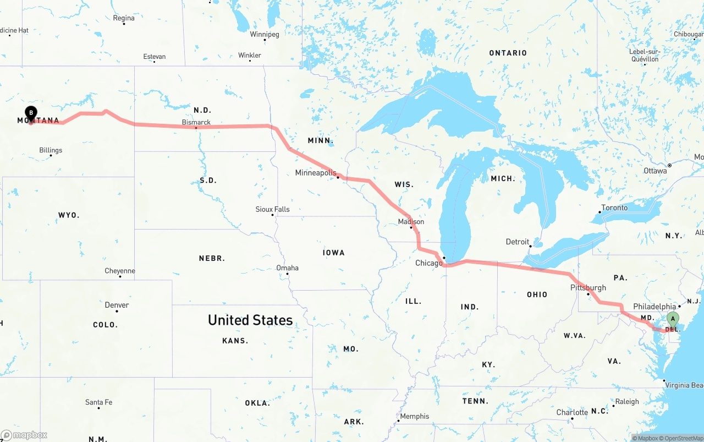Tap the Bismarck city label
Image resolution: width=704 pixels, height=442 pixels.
click(196, 122)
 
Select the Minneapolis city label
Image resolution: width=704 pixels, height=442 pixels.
click(315, 173)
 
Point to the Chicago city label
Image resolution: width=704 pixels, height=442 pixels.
click(428, 263)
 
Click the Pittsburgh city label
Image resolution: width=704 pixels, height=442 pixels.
click(588, 287)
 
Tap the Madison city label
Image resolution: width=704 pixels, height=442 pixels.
click(411, 221)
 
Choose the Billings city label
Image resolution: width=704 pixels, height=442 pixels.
click(51, 150)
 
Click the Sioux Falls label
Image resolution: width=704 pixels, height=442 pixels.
click(272, 209)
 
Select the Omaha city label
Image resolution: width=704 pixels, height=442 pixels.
click(287, 268)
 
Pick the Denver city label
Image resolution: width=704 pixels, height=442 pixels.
click(117, 305)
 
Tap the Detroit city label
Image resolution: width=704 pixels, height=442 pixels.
click(517, 242)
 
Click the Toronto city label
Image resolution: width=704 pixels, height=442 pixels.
click(614, 208)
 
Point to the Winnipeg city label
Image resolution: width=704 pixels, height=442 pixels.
click(265, 34)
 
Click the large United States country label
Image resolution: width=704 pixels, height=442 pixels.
click(250, 320)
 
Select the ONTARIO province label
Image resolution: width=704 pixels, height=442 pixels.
click(508, 53)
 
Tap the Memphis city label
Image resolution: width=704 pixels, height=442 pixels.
click(414, 416)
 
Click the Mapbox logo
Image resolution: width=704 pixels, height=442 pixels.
click(24, 435)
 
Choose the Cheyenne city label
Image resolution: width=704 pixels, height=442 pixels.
click(120, 271)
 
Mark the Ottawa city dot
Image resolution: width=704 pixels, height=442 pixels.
click(669, 165)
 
